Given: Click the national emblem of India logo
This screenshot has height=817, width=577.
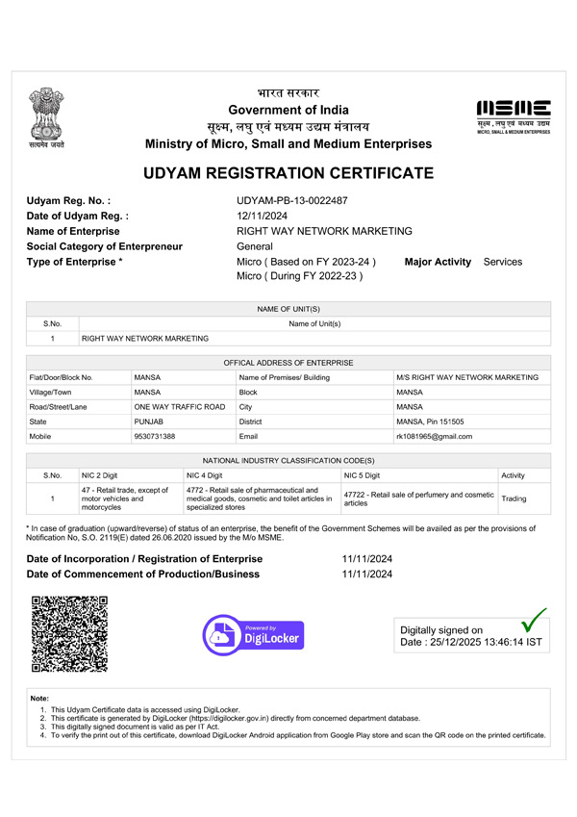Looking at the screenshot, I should coord(45,115).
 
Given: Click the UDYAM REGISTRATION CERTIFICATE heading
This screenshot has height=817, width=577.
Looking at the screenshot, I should coord(288,174).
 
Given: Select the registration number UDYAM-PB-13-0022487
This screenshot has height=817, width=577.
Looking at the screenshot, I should coord(292,200).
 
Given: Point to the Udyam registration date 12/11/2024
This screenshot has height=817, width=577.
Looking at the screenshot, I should coord(263,216).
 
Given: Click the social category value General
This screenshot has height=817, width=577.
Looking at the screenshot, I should coord(256,246).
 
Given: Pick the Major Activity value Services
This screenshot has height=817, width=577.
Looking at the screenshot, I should coord(503,262).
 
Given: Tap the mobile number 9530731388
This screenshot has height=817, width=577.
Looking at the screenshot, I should coord(156,436).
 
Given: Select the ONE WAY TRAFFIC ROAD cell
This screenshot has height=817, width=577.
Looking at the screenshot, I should coord(179,407).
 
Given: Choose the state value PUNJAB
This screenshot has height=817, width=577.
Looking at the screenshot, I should coord(149,421).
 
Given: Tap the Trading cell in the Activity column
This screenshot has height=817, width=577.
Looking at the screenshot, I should coord(514,499).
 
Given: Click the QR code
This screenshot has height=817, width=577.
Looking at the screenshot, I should coord(70,633).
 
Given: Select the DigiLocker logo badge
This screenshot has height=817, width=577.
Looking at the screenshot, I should coord(253,635).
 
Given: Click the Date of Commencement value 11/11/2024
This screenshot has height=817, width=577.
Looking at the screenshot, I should coord(367,574).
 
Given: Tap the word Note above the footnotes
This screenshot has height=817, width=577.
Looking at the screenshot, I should coord(39,698).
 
